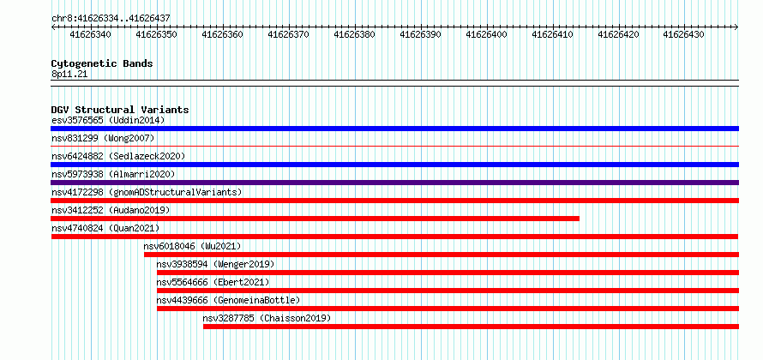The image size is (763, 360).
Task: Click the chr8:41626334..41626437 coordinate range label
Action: tap(111, 18)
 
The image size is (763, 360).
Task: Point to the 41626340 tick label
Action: tap(91, 34)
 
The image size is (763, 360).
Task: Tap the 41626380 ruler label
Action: tap(354, 34)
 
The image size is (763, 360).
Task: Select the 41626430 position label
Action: tap(683, 34)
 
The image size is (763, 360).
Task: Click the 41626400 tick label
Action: tap(486, 34)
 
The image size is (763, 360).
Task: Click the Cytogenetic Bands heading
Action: tap(102, 63)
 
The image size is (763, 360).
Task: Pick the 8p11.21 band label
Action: tap(69, 75)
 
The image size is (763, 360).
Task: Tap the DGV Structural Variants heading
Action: tap(120, 110)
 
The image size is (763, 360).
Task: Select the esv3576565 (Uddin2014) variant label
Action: tap(109, 120)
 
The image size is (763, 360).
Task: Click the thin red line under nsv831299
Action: tap(394, 146)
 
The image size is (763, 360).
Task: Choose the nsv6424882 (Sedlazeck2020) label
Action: tap(118, 156)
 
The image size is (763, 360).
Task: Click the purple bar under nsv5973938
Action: tap(394, 183)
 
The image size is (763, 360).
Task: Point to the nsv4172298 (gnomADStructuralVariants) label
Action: tap(147, 192)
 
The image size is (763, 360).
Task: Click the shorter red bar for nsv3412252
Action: tap(315, 219)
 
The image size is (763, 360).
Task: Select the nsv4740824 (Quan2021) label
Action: tap(105, 228)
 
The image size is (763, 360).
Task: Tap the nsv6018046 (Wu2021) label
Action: tap(193, 246)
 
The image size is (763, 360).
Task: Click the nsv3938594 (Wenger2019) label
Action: tap(215, 264)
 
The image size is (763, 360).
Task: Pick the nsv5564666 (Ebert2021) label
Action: tap(213, 282)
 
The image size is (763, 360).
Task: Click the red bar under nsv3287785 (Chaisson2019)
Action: tap(471, 327)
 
